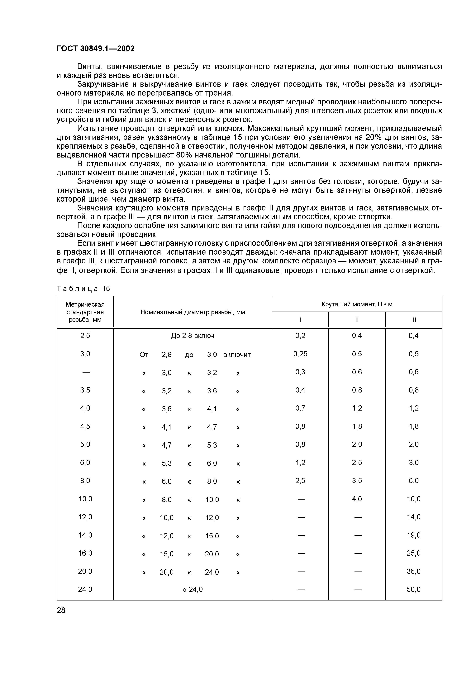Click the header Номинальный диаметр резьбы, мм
[193, 312]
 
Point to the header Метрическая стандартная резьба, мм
[85, 312]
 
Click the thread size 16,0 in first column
[85, 553]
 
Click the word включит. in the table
[237, 355]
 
